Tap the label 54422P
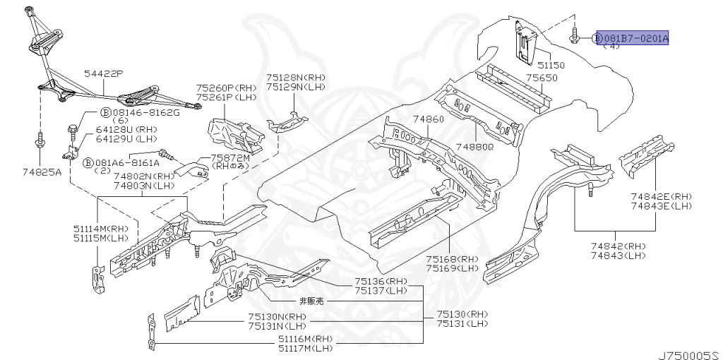[103, 73]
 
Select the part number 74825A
[41, 172]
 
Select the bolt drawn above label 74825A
[40, 138]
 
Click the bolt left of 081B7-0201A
[575, 36]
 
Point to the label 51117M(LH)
[305, 348]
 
